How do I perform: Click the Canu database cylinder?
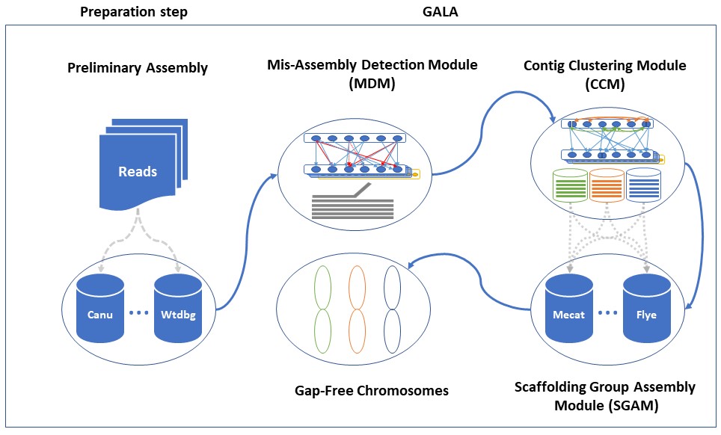pos(100,306)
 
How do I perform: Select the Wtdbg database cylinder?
pos(178,306)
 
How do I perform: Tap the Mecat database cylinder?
pos(569,307)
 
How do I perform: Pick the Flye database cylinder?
pos(646,307)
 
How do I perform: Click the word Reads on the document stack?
pos(138,171)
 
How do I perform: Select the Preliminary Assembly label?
pos(137,68)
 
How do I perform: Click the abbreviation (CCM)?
pos(605,83)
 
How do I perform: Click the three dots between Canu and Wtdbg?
pos(139,313)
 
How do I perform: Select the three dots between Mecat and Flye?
pos(607,313)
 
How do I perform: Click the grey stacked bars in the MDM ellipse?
pos(352,206)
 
